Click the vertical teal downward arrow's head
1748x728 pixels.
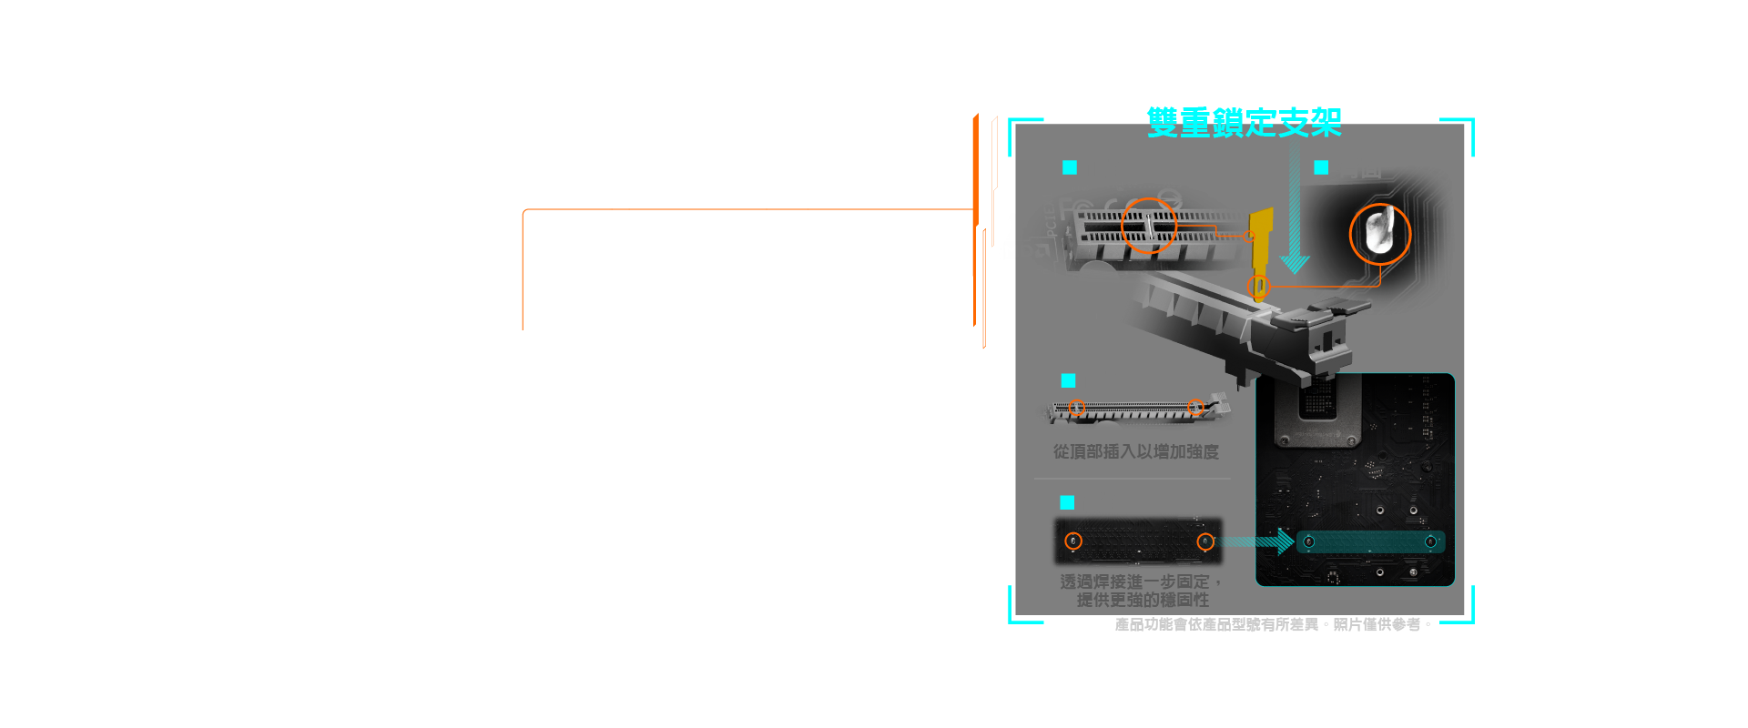coord(1294,264)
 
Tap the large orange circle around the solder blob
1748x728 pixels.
coord(1379,234)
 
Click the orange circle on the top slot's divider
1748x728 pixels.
coord(1149,225)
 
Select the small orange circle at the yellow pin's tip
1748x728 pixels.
coord(1259,287)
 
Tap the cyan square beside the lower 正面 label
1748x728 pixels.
coord(1068,380)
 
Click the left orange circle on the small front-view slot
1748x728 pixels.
coord(1077,407)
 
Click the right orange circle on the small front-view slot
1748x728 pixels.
coord(1196,407)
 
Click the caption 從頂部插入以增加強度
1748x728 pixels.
coord(1135,451)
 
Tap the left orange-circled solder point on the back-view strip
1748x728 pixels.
coord(1073,541)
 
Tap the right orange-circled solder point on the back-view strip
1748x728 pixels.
coord(1205,541)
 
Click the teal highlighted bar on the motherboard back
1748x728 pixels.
coord(1369,542)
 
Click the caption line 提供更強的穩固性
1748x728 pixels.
coord(1143,600)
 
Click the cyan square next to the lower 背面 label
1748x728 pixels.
coord(1067,502)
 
